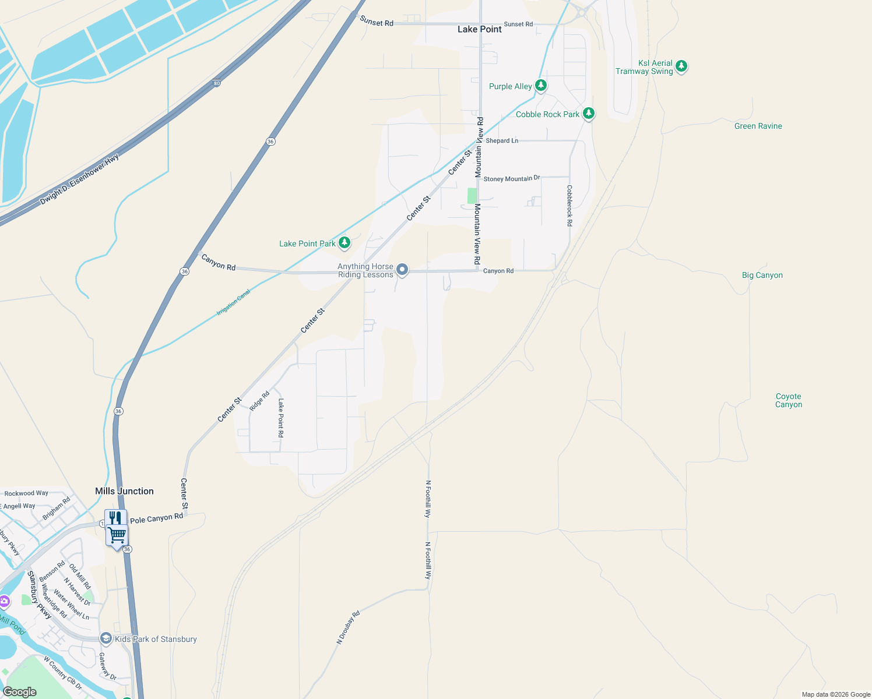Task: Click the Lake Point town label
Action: click(479, 29)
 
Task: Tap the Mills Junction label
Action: click(124, 491)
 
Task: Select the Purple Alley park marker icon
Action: click(541, 86)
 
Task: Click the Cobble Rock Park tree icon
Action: click(589, 114)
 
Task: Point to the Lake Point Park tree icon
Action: click(344, 243)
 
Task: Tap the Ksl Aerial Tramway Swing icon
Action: click(681, 66)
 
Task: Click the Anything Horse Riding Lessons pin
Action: click(402, 270)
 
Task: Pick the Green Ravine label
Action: click(758, 126)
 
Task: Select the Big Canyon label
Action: click(762, 275)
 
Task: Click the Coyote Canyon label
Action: click(788, 400)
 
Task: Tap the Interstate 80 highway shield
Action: click(217, 83)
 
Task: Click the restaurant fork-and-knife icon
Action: click(115, 518)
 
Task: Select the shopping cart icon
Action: click(117, 535)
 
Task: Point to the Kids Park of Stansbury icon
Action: click(106, 638)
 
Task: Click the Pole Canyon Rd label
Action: click(156, 518)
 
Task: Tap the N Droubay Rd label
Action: click(348, 627)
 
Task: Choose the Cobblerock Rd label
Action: click(569, 206)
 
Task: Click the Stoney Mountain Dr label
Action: click(512, 179)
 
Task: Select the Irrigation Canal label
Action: click(233, 302)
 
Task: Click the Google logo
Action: click(19, 692)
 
